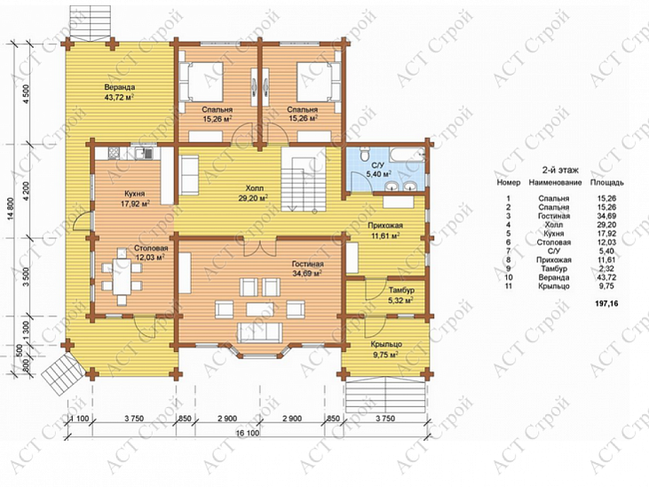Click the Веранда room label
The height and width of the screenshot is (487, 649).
(x=120, y=88)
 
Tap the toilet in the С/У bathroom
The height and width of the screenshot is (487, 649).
(x=365, y=156)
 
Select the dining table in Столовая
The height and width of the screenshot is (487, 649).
(x=122, y=276)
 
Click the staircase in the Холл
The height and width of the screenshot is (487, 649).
(x=304, y=179)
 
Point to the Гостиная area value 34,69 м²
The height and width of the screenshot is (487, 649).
(x=307, y=273)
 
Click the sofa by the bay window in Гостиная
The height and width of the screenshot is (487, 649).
(x=259, y=333)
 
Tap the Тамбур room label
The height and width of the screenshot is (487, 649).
(x=401, y=290)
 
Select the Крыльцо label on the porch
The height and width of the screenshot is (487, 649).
(x=386, y=345)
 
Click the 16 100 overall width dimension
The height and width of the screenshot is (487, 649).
(x=248, y=433)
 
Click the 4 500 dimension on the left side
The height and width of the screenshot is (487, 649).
(x=28, y=94)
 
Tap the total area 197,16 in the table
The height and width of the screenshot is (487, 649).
(x=606, y=303)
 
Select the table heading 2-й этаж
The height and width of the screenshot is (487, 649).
(x=560, y=170)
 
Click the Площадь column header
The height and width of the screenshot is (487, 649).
(x=606, y=182)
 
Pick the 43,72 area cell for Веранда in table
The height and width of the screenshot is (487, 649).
(x=606, y=277)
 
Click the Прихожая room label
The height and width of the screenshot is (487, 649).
(x=385, y=226)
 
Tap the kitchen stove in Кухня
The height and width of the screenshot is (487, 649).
(x=114, y=154)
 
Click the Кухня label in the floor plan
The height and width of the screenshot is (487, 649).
(x=135, y=194)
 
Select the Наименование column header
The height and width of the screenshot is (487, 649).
(x=555, y=182)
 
